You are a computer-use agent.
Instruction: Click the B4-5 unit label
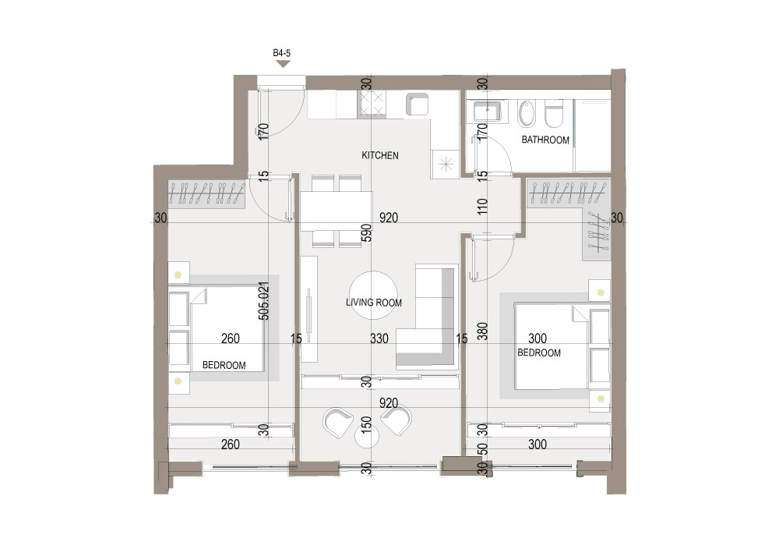coord(282,53)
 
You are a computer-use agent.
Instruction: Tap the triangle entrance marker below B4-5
coord(284,64)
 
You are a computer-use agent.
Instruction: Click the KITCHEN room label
coord(380,156)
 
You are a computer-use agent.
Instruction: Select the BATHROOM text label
coord(545,140)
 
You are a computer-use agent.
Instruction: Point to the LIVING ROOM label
coord(374,303)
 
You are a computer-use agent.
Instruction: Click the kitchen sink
coord(418,105)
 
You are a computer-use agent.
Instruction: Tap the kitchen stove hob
coord(372,105)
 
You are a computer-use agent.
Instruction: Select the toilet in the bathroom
coord(553,114)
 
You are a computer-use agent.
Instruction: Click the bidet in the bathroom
coord(526,113)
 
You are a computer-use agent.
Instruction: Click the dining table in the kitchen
coord(337,211)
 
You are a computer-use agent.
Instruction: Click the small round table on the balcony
coord(368,437)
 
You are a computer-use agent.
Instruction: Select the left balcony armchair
coord(339,422)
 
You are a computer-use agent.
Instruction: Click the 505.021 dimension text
coord(264,301)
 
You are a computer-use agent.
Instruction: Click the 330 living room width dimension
coord(379,338)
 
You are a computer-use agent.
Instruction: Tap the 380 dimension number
coord(482,331)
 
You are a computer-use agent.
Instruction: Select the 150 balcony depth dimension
coord(366,426)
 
